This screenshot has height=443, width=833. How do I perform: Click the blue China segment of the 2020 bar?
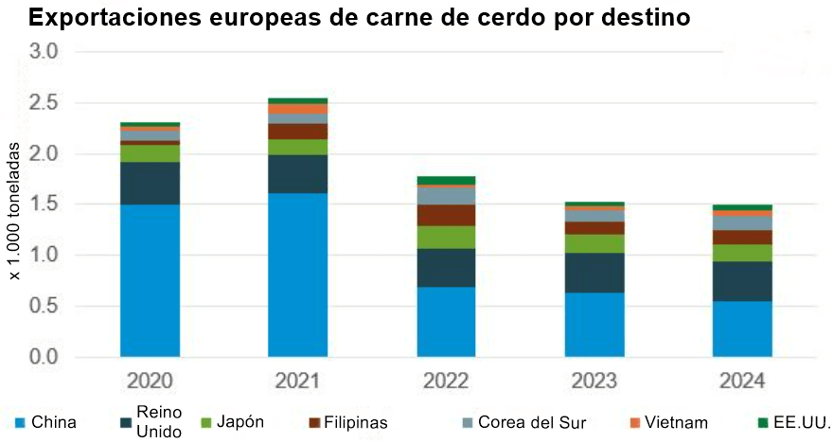pyautogui.click(x=150, y=280)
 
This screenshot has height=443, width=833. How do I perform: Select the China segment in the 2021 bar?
pyautogui.click(x=297, y=275)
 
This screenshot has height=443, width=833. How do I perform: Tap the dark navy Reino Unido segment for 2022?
pyautogui.click(x=446, y=268)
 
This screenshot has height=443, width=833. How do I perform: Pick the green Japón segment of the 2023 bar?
pyautogui.click(x=594, y=243)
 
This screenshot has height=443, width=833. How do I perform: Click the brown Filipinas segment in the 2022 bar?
pyautogui.click(x=446, y=215)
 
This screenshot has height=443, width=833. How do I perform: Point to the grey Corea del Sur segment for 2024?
pyautogui.click(x=742, y=223)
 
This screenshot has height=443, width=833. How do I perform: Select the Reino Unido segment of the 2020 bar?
pyautogui.click(x=150, y=183)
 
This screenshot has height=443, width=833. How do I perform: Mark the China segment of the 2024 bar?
pyautogui.click(x=742, y=328)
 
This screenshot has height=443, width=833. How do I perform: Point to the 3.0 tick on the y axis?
pyautogui.click(x=45, y=51)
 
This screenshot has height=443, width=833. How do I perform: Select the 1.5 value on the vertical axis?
pyautogui.click(x=45, y=204)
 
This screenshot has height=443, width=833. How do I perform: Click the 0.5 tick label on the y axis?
pyautogui.click(x=45, y=307)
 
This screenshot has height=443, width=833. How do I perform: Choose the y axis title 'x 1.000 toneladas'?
pyautogui.click(x=15, y=211)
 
